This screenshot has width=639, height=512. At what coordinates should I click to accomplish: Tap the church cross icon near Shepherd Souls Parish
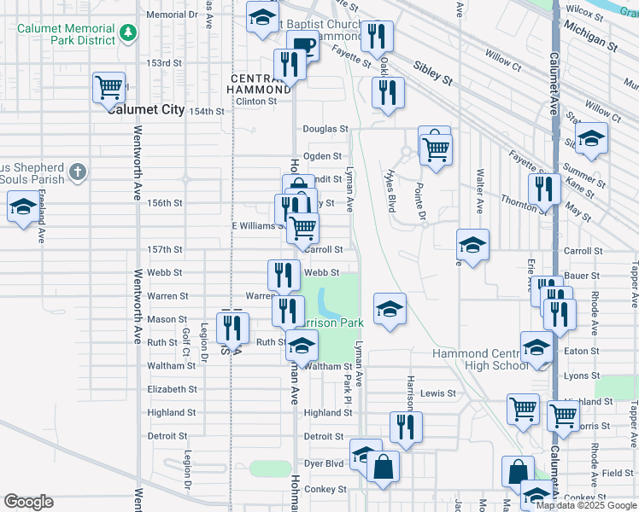point(77,172)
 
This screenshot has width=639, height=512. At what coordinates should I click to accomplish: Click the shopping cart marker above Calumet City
point(109,87)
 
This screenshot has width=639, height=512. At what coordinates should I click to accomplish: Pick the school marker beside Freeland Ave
point(23,207)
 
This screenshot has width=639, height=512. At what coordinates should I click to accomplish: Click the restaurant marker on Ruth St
point(232,328)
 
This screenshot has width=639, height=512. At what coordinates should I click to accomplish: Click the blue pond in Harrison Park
point(327,300)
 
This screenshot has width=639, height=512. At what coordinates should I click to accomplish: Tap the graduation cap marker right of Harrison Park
point(390,308)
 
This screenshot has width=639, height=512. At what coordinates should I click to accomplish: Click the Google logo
point(28,502)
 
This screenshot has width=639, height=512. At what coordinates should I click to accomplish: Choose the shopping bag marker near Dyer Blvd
point(384,467)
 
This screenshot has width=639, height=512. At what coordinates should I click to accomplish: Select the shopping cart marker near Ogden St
point(436,148)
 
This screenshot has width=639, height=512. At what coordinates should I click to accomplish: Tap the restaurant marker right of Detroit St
point(406,427)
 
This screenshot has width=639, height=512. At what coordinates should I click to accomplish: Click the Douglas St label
point(325,129)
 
